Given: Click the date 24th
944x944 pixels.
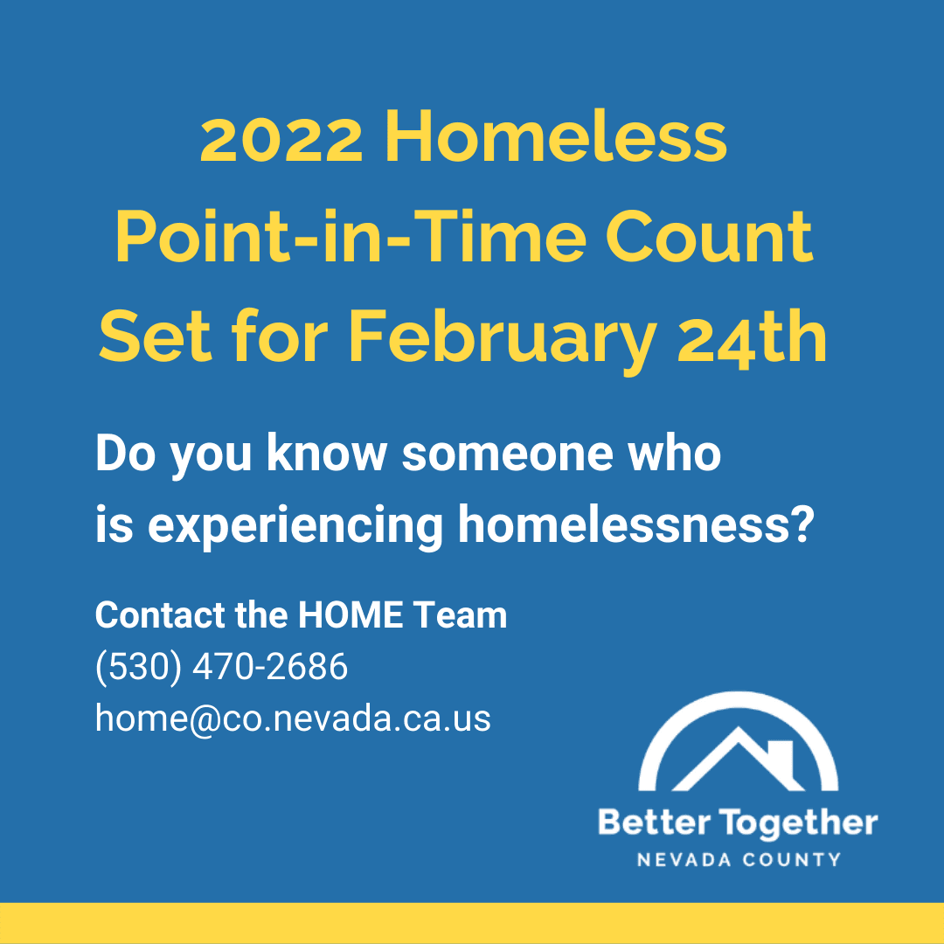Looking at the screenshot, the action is click(753, 337).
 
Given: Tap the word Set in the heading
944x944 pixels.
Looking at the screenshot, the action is click(155, 337).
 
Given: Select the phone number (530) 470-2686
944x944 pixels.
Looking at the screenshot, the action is click(221, 667).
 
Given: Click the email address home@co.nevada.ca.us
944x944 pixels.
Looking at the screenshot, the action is click(293, 718).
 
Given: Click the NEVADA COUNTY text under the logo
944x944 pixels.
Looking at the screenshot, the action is click(738, 859).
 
